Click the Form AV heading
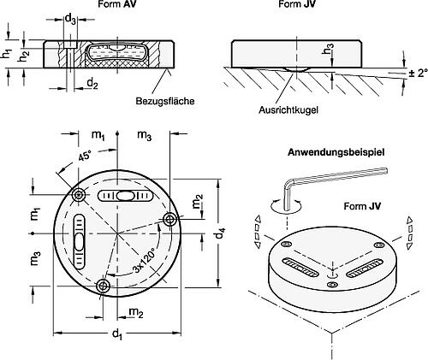click(117, 4)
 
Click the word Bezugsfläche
click(165, 101)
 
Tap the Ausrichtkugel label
click(288, 109)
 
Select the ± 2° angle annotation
click(419, 73)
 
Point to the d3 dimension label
click(70, 20)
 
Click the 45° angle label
click(86, 156)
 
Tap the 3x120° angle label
click(145, 261)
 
